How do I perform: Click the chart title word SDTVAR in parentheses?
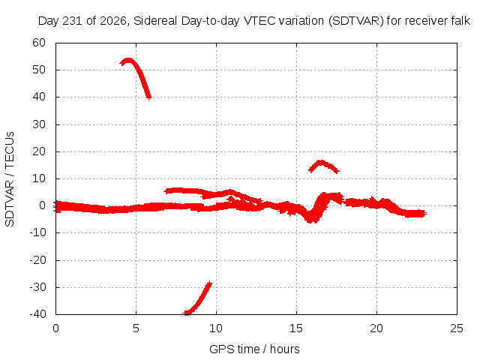[356, 21]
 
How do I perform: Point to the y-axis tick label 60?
[39, 43]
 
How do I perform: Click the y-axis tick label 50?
[39, 70]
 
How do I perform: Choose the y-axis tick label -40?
[37, 314]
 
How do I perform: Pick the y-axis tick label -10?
[37, 232]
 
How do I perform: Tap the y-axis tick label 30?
[39, 124]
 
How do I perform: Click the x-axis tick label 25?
[457, 328]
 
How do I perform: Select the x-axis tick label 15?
[296, 328]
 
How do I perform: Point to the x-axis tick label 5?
[136, 328]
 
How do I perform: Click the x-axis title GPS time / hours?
[254, 349]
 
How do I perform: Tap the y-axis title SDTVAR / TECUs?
[10, 179]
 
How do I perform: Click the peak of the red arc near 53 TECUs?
[128, 60]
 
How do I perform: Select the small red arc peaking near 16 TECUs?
[320, 162]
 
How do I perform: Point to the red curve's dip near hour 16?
[310, 218]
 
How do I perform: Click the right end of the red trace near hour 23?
[425, 213]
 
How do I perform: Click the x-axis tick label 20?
[376, 328]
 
